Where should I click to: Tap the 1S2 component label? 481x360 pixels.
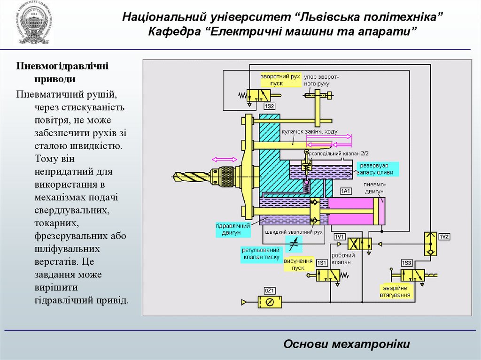tap(263, 107)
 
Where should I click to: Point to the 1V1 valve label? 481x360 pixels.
tap(339, 237)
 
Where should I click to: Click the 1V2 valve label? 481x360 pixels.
tap(444, 237)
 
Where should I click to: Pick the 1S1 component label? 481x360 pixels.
tap(322, 262)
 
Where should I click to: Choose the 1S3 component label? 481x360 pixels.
tap(407, 262)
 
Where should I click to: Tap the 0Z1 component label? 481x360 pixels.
tap(269, 290)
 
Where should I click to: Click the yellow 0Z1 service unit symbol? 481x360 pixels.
tap(270, 302)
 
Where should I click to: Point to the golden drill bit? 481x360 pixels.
tap(191, 176)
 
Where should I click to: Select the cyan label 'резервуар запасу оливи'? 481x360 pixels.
tap(378, 169)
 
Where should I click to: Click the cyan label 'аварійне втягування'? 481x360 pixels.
tap(396, 291)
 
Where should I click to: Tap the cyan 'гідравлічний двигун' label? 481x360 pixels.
tap(229, 229)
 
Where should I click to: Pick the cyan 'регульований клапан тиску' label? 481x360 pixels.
tap(262, 254)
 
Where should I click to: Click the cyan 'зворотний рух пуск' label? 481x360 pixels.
tap(280, 79)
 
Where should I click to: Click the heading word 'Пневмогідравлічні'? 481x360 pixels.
tap(62, 66)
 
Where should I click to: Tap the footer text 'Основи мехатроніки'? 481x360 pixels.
tap(347, 344)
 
